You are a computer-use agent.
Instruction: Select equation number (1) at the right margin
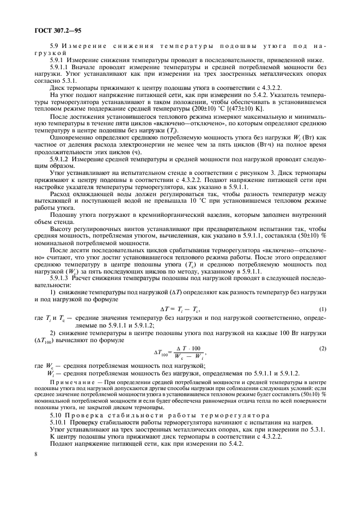(x=322, y=309)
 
